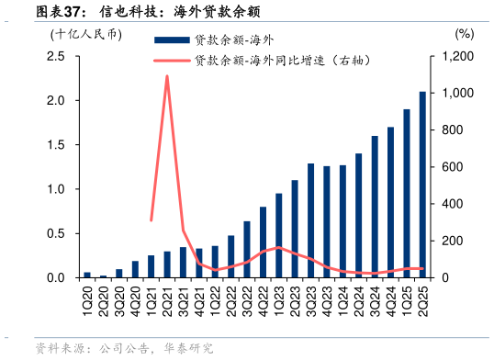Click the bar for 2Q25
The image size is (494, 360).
[x=422, y=185]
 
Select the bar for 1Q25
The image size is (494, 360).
[x=406, y=194]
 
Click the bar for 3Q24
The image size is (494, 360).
[x=375, y=207]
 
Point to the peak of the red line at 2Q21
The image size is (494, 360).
[x=167, y=76]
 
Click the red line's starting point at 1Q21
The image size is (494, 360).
[x=152, y=220]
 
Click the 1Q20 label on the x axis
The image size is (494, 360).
[x=87, y=298]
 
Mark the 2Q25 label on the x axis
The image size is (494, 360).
[x=422, y=298]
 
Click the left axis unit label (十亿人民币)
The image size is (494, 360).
[x=85, y=35]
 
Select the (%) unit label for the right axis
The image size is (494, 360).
[x=464, y=34]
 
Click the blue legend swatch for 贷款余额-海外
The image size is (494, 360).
[x=171, y=39]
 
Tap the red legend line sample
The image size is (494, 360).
[x=171, y=62]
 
